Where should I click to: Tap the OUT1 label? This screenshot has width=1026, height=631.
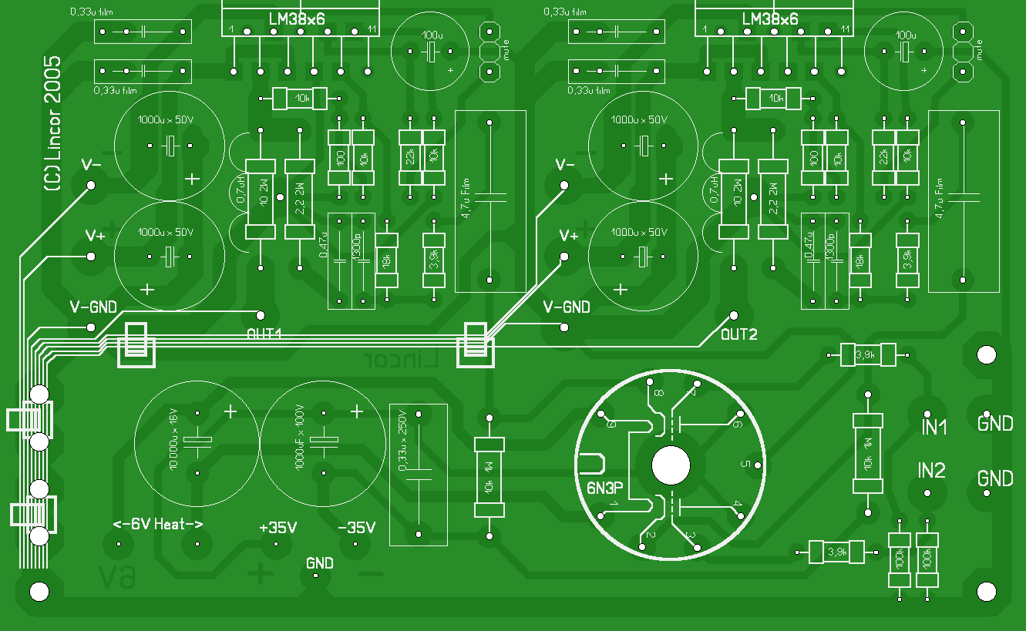[264, 334]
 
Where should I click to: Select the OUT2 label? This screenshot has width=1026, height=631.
[739, 334]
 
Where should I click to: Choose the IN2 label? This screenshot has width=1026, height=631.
[931, 471]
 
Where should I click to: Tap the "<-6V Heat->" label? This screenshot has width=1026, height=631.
[158, 525]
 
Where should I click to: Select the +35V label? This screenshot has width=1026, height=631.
[278, 528]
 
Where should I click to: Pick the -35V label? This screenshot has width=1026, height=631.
[357, 528]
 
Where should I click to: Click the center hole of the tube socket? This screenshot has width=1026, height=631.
[671, 465]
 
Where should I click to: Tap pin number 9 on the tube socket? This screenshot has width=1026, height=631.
[611, 424]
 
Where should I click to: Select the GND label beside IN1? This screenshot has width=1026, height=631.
[995, 423]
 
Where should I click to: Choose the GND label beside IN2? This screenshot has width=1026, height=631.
[995, 478]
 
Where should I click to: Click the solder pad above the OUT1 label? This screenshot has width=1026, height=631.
[261, 314]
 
